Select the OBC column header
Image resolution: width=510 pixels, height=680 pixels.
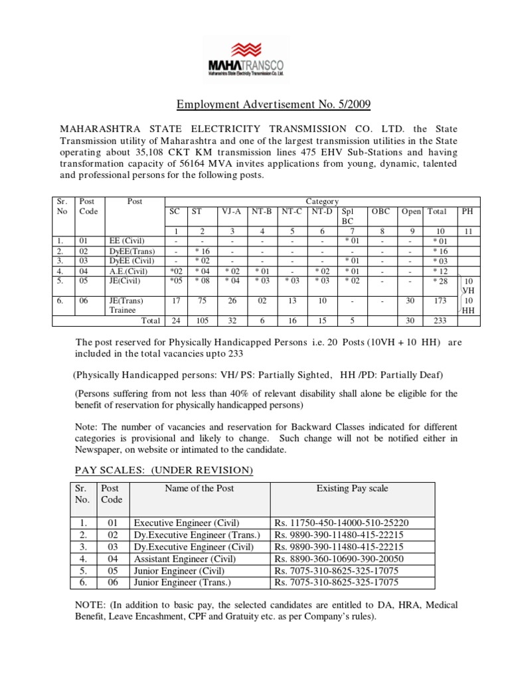tap(381, 211)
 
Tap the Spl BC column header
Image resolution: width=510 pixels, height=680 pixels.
tap(349, 216)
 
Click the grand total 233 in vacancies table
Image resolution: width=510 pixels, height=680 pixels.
tap(440, 321)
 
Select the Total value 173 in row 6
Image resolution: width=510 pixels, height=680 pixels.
tap(440, 301)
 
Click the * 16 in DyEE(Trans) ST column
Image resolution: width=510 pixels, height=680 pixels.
tap(202, 251)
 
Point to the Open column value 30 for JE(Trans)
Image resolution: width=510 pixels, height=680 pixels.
tap(410, 301)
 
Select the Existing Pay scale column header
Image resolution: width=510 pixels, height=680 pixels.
tap(352, 489)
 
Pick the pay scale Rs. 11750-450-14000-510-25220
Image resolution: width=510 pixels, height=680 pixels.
tap(342, 523)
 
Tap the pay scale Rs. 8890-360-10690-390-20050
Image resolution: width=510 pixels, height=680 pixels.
tap(339, 558)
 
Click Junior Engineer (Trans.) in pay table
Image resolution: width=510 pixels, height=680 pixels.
tap(183, 582)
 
